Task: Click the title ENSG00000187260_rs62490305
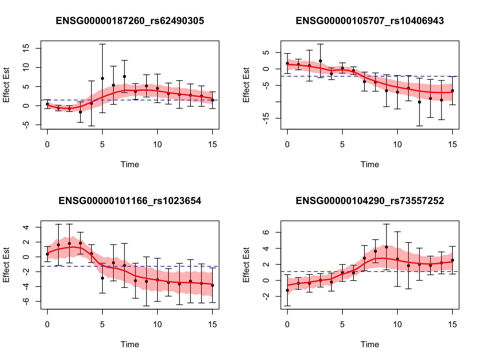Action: click(x=130, y=21)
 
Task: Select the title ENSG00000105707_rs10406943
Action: click(x=370, y=21)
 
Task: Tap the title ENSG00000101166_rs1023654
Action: click(x=130, y=201)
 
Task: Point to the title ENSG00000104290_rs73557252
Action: click(x=370, y=201)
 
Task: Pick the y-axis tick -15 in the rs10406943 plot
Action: click(x=266, y=118)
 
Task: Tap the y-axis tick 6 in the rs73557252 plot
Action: click(x=266, y=232)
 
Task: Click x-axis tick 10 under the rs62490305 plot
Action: click(x=157, y=144)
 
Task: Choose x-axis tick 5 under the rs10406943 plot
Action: click(x=342, y=144)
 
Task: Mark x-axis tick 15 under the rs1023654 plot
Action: click(x=212, y=324)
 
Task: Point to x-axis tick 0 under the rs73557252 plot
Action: click(x=287, y=324)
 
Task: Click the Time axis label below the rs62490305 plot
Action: click(x=130, y=164)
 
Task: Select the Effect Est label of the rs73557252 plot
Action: click(x=246, y=265)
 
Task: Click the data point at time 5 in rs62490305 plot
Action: click(x=102, y=78)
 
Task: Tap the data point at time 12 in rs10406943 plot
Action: click(x=419, y=102)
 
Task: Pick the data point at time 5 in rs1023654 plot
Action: click(x=102, y=278)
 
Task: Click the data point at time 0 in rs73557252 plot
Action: click(x=287, y=290)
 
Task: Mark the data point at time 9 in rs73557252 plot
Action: click(x=386, y=247)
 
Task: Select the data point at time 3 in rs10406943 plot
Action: click(x=320, y=61)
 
